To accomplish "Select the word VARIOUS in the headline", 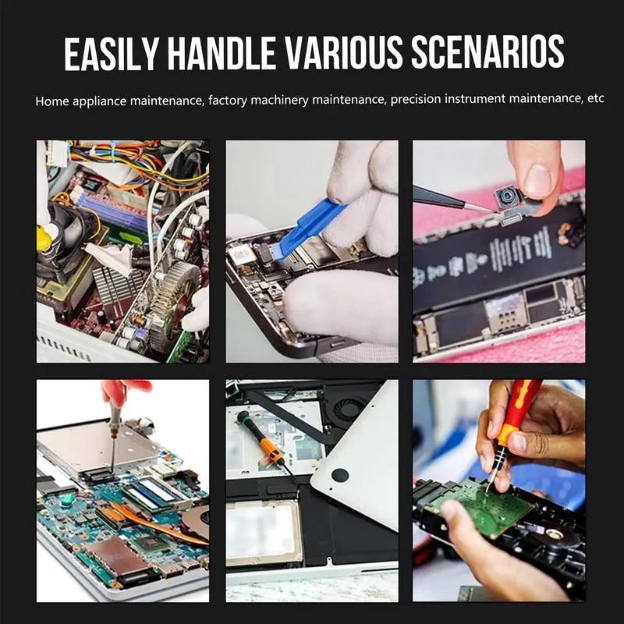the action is [342, 52].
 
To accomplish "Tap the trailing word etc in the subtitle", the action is [596, 98].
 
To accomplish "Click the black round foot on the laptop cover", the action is [340, 475].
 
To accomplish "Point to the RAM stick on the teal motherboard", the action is [152, 495].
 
